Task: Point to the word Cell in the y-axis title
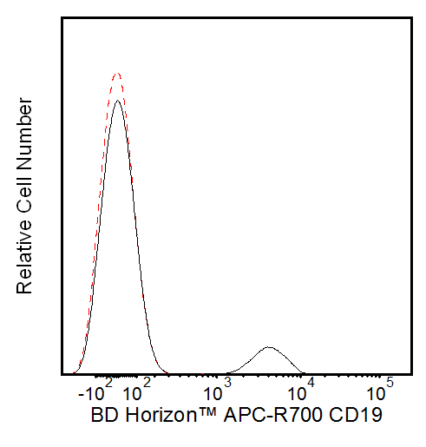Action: [x=25, y=190]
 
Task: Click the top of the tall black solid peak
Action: [x=117, y=100]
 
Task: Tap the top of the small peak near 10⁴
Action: [x=270, y=347]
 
